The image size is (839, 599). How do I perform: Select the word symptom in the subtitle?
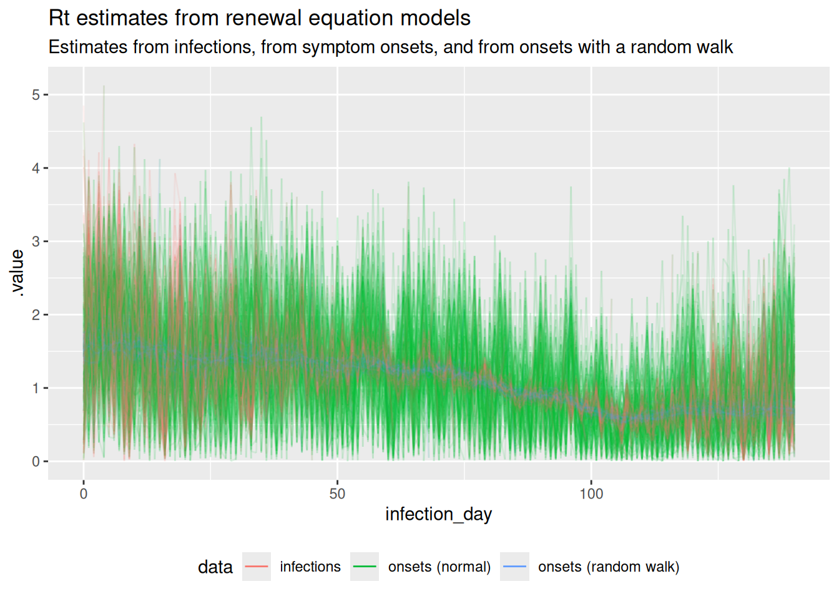tap(340, 47)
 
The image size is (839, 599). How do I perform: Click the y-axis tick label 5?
tap(36, 95)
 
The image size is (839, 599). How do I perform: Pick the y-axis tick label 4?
tap(36, 168)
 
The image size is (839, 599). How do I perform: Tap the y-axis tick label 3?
tap(36, 241)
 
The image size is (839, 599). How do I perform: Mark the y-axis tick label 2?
tap(36, 315)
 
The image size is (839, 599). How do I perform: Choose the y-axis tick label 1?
tap(36, 388)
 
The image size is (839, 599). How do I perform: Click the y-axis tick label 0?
tap(36, 462)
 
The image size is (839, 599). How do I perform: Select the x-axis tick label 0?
tap(84, 494)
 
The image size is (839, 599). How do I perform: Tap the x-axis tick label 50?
tap(337, 494)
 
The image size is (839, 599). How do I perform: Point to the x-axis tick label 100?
tap(591, 494)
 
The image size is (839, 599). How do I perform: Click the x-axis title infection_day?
tap(438, 514)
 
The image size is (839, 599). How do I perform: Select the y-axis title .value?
tap(17, 273)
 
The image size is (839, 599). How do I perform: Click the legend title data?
tap(215, 567)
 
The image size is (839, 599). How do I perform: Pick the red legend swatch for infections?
tap(257, 567)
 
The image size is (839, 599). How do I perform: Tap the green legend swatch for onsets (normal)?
tap(365, 567)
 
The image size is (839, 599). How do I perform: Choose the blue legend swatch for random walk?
tap(514, 567)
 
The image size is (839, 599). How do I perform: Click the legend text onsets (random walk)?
tap(609, 567)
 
